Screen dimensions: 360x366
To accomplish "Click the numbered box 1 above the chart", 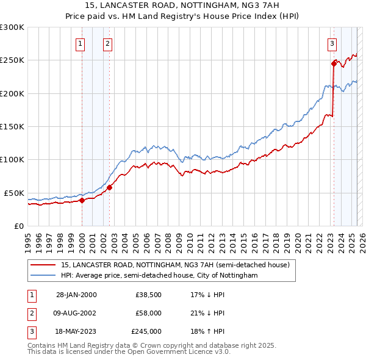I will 81,43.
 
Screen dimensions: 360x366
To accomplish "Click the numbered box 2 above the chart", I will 107,43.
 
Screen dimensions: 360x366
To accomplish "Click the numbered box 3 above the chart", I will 332,43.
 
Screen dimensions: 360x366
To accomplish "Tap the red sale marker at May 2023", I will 334,63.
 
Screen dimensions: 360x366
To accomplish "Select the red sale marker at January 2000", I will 82,200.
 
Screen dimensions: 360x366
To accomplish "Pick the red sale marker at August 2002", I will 109,187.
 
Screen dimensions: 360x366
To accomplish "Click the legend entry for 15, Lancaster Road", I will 178,265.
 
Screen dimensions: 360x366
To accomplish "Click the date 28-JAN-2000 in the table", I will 76,295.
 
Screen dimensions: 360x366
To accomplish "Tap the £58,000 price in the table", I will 148,313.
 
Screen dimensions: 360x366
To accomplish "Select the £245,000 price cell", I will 146,331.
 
